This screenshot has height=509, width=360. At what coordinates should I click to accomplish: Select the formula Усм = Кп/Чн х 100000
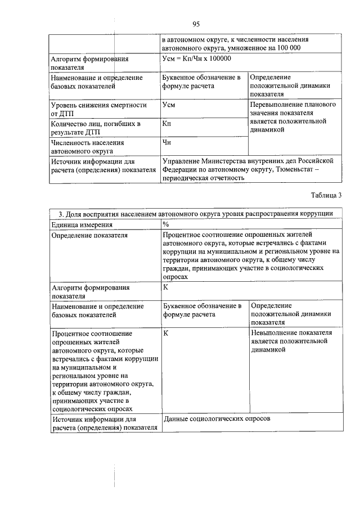[196, 58]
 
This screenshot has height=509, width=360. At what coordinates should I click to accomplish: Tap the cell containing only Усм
[168, 105]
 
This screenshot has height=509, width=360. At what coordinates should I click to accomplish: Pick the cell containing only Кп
[166, 123]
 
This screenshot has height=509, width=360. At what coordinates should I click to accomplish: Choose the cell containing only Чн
[166, 142]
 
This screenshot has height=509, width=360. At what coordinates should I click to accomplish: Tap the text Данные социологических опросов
[217, 420]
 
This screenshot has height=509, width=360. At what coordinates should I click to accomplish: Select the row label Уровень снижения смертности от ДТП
[91, 109]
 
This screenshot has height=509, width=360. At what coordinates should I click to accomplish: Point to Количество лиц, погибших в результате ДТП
[87, 128]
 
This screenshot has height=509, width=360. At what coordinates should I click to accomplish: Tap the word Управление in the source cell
[183, 160]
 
